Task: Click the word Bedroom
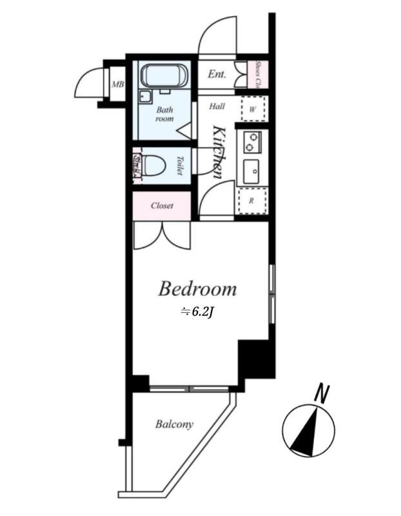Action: click(x=197, y=289)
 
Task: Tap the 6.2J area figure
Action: click(x=197, y=312)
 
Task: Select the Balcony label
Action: click(x=174, y=424)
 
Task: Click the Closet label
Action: click(x=162, y=206)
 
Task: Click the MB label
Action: click(x=117, y=84)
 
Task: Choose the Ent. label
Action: click(x=217, y=75)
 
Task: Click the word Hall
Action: click(x=217, y=106)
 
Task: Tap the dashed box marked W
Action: click(x=253, y=109)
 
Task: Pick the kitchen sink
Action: click(x=252, y=171)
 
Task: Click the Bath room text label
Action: click(x=165, y=114)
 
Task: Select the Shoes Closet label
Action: click(x=259, y=75)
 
